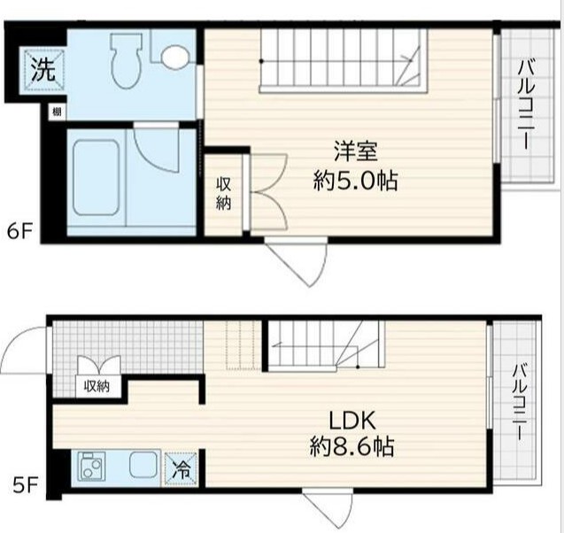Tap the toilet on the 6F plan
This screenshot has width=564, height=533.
pyautogui.click(x=126, y=60)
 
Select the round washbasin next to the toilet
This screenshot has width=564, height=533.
pyautogui.click(x=175, y=57)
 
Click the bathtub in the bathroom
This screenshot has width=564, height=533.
pyautogui.click(x=96, y=178)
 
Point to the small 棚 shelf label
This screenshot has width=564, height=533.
pyautogui.click(x=57, y=112)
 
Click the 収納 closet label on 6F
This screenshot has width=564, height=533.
pyautogui.click(x=223, y=194)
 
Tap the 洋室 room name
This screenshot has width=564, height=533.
pyautogui.click(x=355, y=151)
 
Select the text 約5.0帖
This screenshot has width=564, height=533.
pyautogui.click(x=355, y=181)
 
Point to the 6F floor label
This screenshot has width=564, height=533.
pyautogui.click(x=20, y=232)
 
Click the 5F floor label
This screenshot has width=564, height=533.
pyautogui.click(x=25, y=487)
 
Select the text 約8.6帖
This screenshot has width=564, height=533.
pyautogui.click(x=352, y=447)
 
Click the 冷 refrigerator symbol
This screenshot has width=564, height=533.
pyautogui.click(x=182, y=469)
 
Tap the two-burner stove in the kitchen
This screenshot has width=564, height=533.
pyautogui.click(x=92, y=466)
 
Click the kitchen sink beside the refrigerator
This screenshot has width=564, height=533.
pyautogui.click(x=143, y=466)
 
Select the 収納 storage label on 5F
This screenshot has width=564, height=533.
pyautogui.click(x=97, y=387)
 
